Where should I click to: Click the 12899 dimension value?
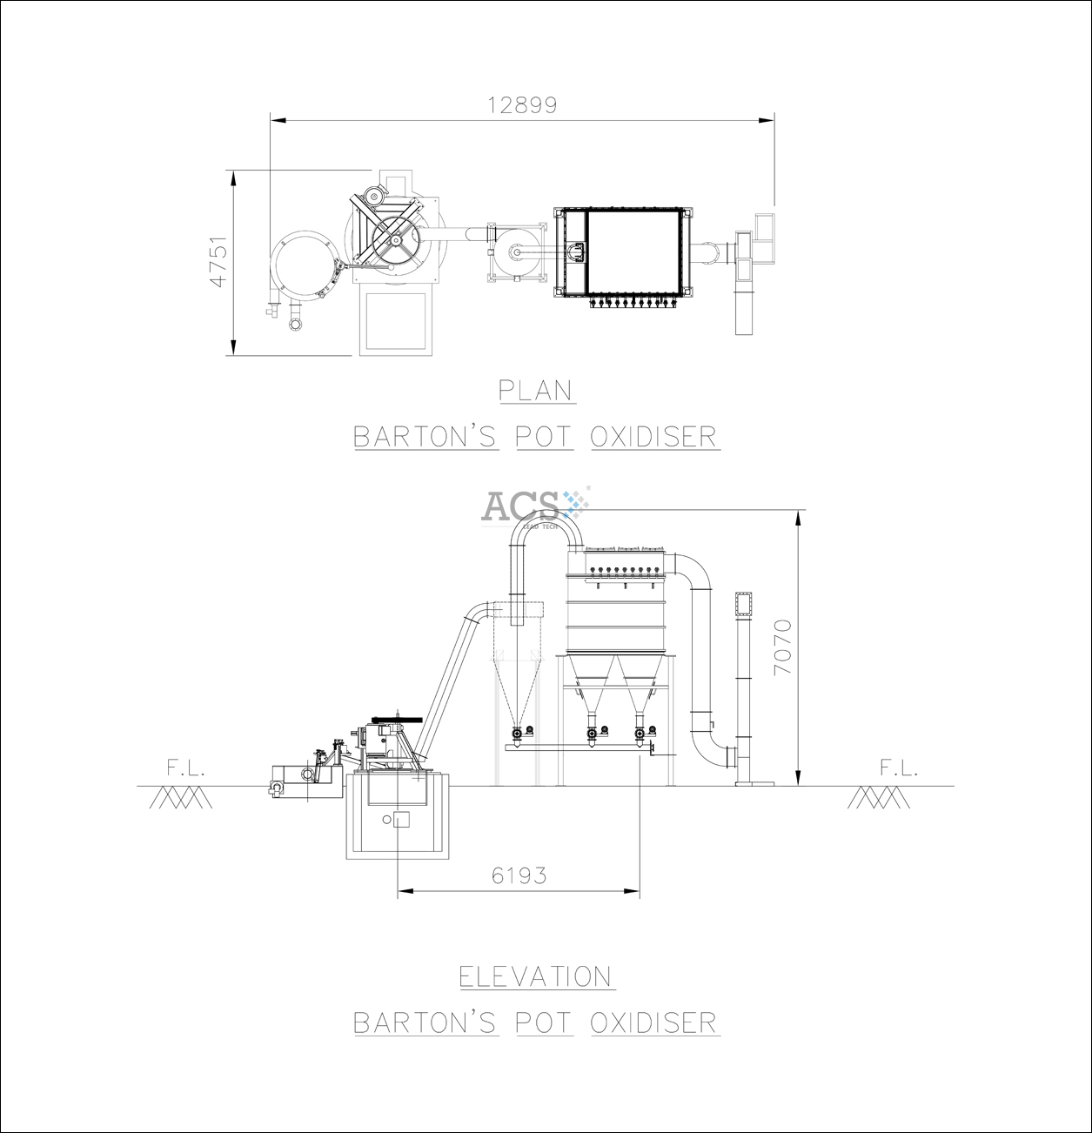[522, 105]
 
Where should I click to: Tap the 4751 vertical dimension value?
[219, 260]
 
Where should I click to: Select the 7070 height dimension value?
[783, 647]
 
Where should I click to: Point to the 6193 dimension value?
[519, 875]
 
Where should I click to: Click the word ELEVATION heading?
[537, 976]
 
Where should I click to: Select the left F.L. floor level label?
[185, 768]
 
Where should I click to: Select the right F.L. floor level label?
[898, 768]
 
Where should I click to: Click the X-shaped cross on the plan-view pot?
[394, 230]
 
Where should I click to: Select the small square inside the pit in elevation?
[400, 819]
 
